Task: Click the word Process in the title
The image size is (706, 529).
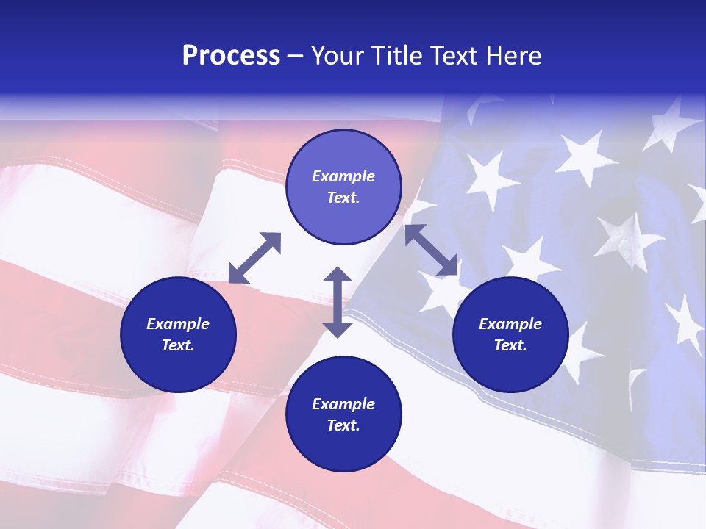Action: pyautogui.click(x=231, y=56)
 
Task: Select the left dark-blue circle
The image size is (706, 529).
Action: pyautogui.click(x=178, y=334)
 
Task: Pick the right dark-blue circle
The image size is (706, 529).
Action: pyautogui.click(x=510, y=334)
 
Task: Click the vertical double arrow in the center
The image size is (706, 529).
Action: pyautogui.click(x=338, y=302)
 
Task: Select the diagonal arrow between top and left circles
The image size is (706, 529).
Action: pyautogui.click(x=254, y=258)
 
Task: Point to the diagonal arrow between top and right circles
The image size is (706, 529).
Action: pyautogui.click(x=432, y=251)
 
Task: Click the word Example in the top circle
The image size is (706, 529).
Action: pyautogui.click(x=343, y=176)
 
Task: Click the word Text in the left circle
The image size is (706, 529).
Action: pyautogui.click(x=178, y=345)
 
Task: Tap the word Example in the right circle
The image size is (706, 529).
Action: pyautogui.click(x=510, y=324)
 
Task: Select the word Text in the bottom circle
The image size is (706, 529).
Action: pyautogui.click(x=343, y=425)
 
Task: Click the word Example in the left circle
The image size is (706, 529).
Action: pyautogui.click(x=178, y=324)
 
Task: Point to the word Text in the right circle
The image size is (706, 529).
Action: pyautogui.click(x=510, y=345)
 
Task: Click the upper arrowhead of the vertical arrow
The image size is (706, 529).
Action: pyautogui.click(x=338, y=274)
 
